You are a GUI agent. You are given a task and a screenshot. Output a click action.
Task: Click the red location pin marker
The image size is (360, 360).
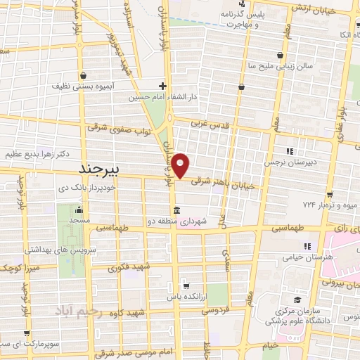(181, 165)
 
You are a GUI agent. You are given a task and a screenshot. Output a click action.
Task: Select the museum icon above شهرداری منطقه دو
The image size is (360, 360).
(175, 211)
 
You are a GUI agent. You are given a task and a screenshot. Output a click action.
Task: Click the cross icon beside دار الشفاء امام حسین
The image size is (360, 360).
(163, 85)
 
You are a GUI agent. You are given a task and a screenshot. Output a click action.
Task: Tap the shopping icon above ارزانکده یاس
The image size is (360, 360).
(185, 285)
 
